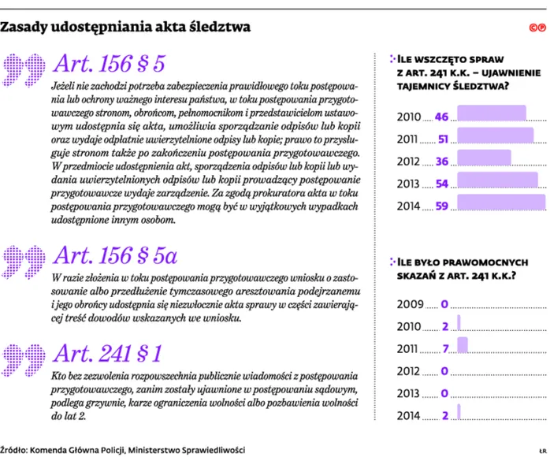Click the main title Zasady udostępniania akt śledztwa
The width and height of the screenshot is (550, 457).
tap(125, 27)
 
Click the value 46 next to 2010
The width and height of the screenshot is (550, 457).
tap(441, 116)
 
